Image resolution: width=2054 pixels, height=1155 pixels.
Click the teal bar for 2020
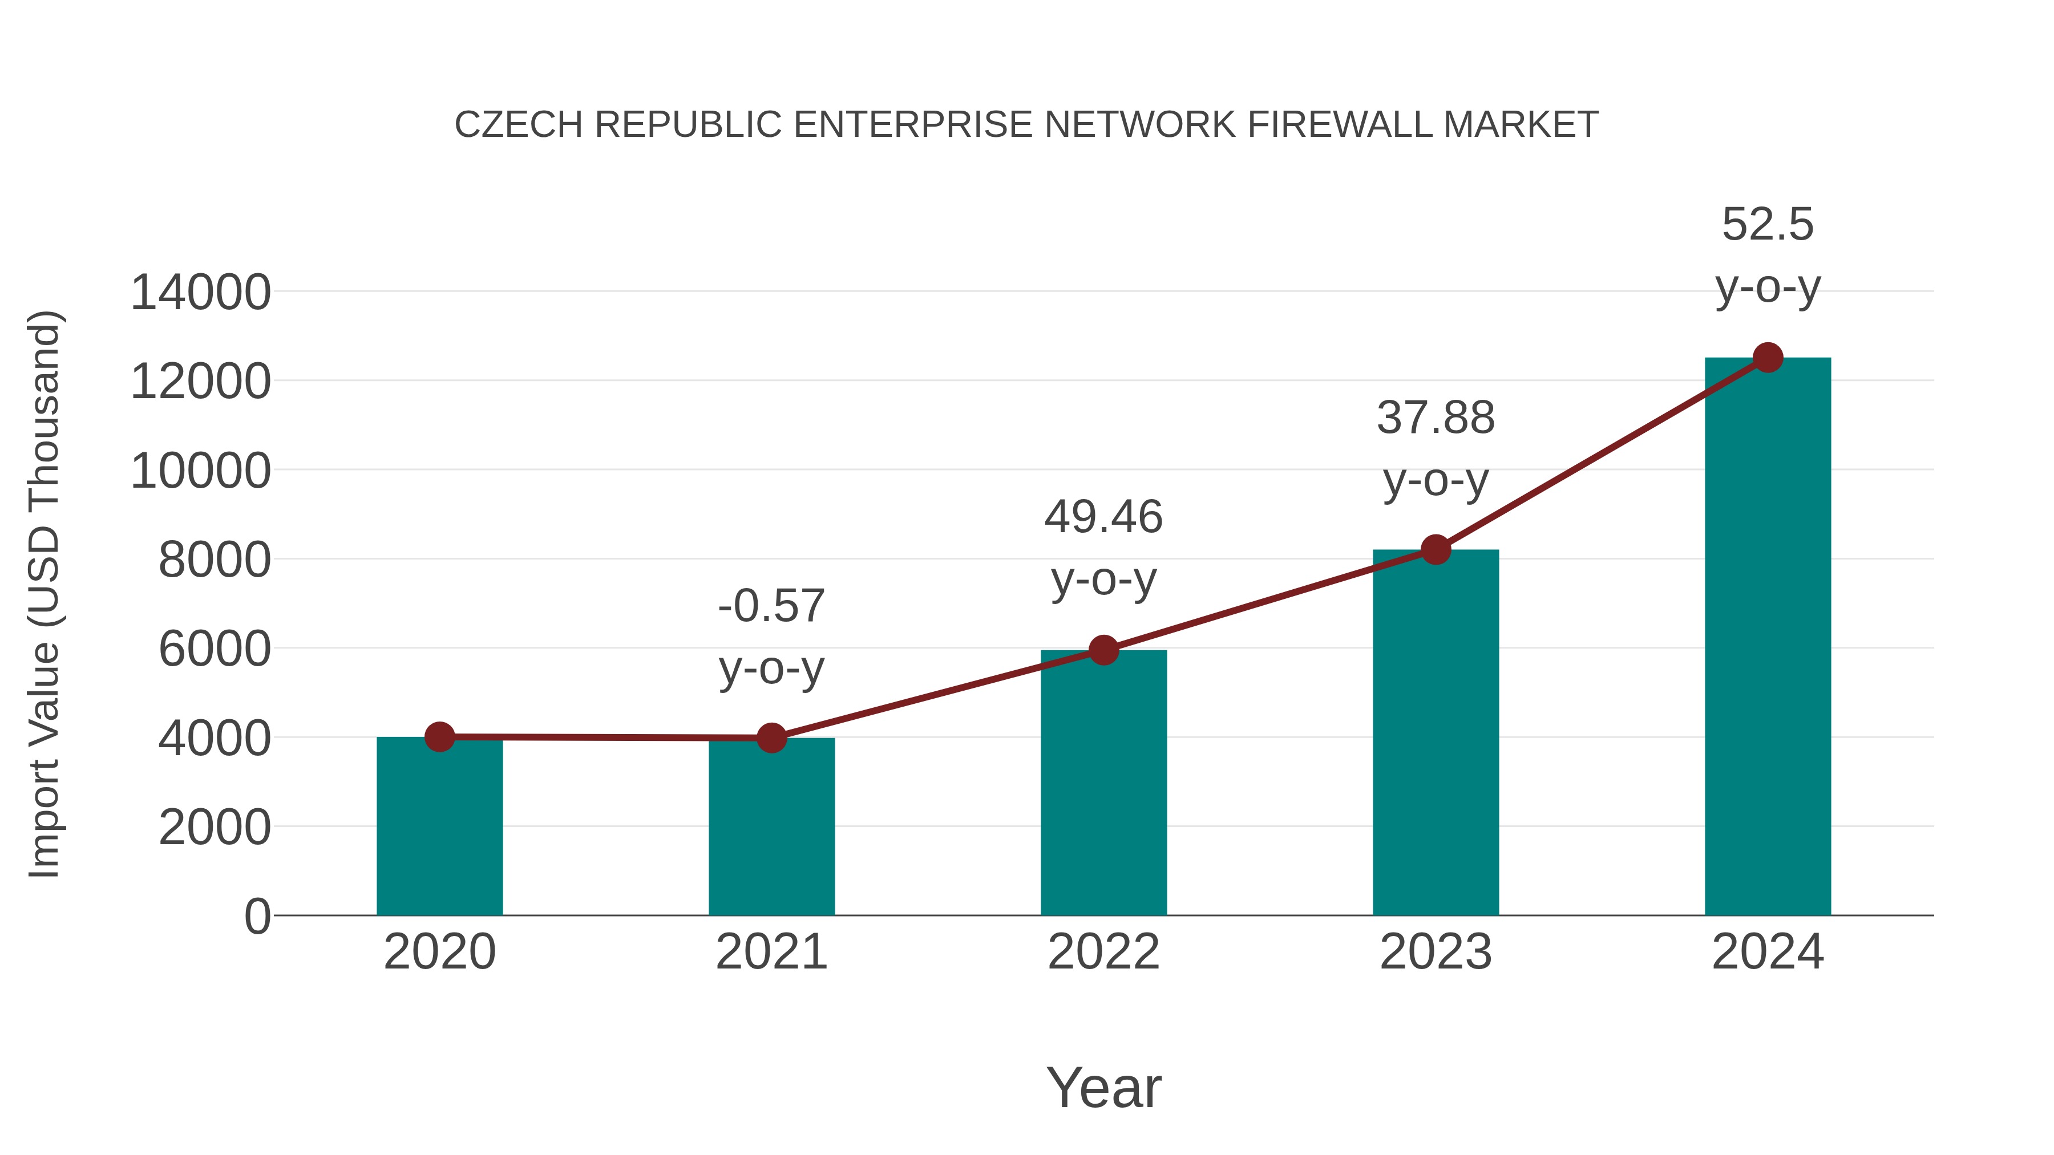tap(439, 829)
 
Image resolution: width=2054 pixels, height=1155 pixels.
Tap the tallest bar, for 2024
tap(1768, 638)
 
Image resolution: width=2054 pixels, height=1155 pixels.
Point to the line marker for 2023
tap(1436, 550)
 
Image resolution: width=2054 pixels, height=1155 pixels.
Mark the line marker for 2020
tap(439, 737)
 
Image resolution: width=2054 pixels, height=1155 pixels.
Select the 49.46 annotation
tap(1103, 517)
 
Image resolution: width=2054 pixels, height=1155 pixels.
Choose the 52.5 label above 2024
tap(1768, 225)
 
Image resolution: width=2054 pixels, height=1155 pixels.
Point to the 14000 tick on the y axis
tap(201, 293)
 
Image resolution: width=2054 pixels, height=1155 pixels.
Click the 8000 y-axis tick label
tap(215, 560)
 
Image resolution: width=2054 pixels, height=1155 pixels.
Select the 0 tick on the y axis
tap(257, 917)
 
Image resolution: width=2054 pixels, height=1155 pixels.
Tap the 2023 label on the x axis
tap(1436, 953)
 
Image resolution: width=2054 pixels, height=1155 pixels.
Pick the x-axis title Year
tap(1103, 1088)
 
